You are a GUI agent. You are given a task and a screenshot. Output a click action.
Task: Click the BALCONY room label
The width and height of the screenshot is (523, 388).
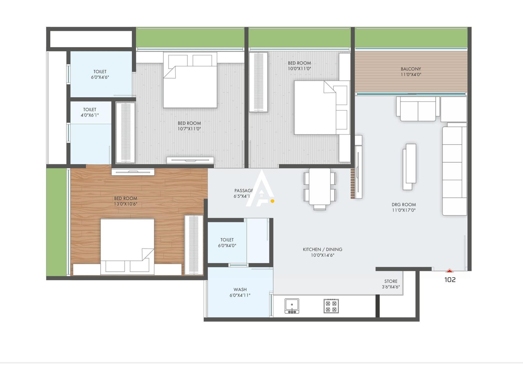click(411, 69)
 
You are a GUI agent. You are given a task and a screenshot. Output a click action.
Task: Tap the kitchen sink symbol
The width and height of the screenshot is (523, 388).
click(292, 306)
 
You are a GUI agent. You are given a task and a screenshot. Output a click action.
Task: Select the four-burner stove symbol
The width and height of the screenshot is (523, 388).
click(331, 306)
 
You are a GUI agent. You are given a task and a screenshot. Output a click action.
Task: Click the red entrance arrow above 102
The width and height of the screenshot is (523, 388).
click(450, 271)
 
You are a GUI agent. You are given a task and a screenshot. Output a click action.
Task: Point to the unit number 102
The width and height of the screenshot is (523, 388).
click(450, 280)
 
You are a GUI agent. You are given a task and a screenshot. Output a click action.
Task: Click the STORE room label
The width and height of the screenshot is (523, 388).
click(391, 281)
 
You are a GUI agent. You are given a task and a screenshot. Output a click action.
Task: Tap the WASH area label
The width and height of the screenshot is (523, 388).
click(240, 289)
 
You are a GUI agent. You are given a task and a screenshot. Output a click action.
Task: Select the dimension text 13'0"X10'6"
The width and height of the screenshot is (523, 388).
click(126, 204)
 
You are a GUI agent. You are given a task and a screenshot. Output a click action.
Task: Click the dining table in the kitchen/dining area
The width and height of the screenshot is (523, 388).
click(320, 187)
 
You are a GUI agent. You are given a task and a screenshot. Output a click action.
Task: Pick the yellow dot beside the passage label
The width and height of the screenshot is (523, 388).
click(273, 201)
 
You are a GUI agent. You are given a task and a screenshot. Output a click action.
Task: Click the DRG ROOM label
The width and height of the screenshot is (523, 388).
click(404, 205)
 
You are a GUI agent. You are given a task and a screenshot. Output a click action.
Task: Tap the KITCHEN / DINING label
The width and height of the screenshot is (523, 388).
click(322, 249)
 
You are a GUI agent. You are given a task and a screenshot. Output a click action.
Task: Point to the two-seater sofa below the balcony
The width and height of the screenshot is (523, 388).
click(418, 109)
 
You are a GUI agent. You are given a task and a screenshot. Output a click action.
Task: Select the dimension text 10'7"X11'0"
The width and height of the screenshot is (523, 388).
click(189, 129)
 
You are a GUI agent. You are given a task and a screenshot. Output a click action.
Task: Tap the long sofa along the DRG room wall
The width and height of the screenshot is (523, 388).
click(454, 170)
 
